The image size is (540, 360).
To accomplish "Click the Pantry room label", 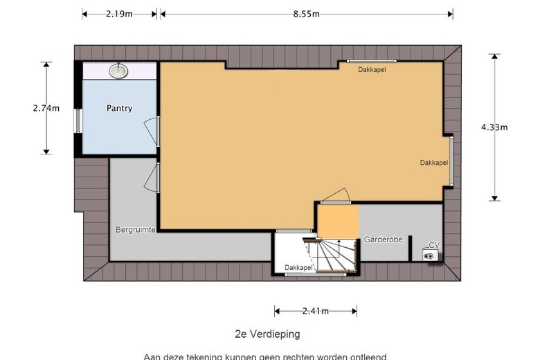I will click(x=119, y=109).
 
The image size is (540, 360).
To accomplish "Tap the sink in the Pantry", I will click(x=119, y=69).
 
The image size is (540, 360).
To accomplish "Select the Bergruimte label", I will click(x=135, y=228).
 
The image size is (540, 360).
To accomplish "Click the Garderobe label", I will click(x=383, y=240).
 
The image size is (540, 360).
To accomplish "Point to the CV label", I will click(x=434, y=245).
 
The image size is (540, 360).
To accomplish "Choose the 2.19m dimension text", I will click(x=120, y=14).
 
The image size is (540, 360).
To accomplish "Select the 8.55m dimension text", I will click(x=305, y=14).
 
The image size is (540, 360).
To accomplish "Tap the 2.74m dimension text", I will click(x=46, y=108).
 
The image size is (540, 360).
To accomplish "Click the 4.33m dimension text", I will click(x=494, y=127).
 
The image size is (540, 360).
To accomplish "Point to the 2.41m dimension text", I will click(x=315, y=312).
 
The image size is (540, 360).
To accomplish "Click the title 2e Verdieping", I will click(x=267, y=334).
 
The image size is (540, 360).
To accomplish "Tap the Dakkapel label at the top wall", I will click(x=372, y=70).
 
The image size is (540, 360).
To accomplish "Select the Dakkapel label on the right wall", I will click(x=433, y=163).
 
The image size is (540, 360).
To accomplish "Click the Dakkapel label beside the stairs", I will click(x=298, y=267).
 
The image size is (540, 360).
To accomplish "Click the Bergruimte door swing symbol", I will click(x=151, y=178).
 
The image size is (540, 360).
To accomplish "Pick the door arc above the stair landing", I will click(x=337, y=195).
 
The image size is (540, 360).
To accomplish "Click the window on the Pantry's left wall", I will click(x=79, y=120).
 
